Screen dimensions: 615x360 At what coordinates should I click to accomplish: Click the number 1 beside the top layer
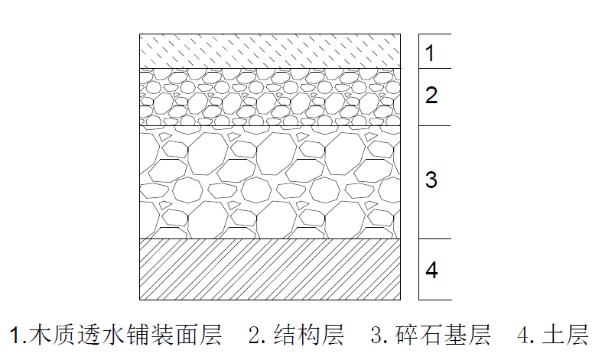click(430, 53)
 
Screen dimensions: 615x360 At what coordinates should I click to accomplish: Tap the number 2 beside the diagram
click(431, 96)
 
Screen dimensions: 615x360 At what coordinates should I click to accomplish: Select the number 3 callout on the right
click(431, 180)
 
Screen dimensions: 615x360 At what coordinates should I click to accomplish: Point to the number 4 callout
click(431, 270)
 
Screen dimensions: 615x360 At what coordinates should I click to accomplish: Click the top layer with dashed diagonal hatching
click(270, 51)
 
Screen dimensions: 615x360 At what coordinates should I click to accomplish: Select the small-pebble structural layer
click(270, 97)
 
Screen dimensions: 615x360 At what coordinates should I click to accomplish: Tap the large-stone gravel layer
click(270, 182)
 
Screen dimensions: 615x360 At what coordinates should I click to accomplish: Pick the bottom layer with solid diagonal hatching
click(270, 269)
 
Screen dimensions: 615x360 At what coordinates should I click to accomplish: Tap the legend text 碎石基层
click(442, 335)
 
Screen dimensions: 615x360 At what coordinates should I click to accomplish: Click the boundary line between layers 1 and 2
click(270, 68)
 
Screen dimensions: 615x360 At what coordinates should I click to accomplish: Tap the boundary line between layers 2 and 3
click(270, 126)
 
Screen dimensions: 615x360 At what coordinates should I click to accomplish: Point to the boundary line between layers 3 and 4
click(270, 238)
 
